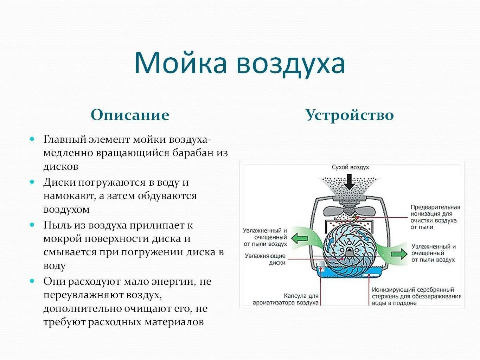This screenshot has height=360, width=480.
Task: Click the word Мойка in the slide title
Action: (180, 63)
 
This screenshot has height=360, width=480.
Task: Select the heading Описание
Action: (130, 115)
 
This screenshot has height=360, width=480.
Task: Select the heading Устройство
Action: (349, 115)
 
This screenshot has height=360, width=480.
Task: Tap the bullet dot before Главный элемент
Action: (32, 139)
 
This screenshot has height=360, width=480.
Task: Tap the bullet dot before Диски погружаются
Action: (32, 182)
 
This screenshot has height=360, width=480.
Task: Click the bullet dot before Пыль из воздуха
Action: (32, 225)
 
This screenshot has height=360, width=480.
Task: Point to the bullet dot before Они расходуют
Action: (32, 281)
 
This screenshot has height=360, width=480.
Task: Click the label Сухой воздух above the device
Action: (350, 167)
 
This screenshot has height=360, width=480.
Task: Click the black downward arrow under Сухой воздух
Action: (350, 181)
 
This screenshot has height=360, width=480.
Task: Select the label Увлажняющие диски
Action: (265, 259)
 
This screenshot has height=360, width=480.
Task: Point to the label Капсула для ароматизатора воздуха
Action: (285, 299)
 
